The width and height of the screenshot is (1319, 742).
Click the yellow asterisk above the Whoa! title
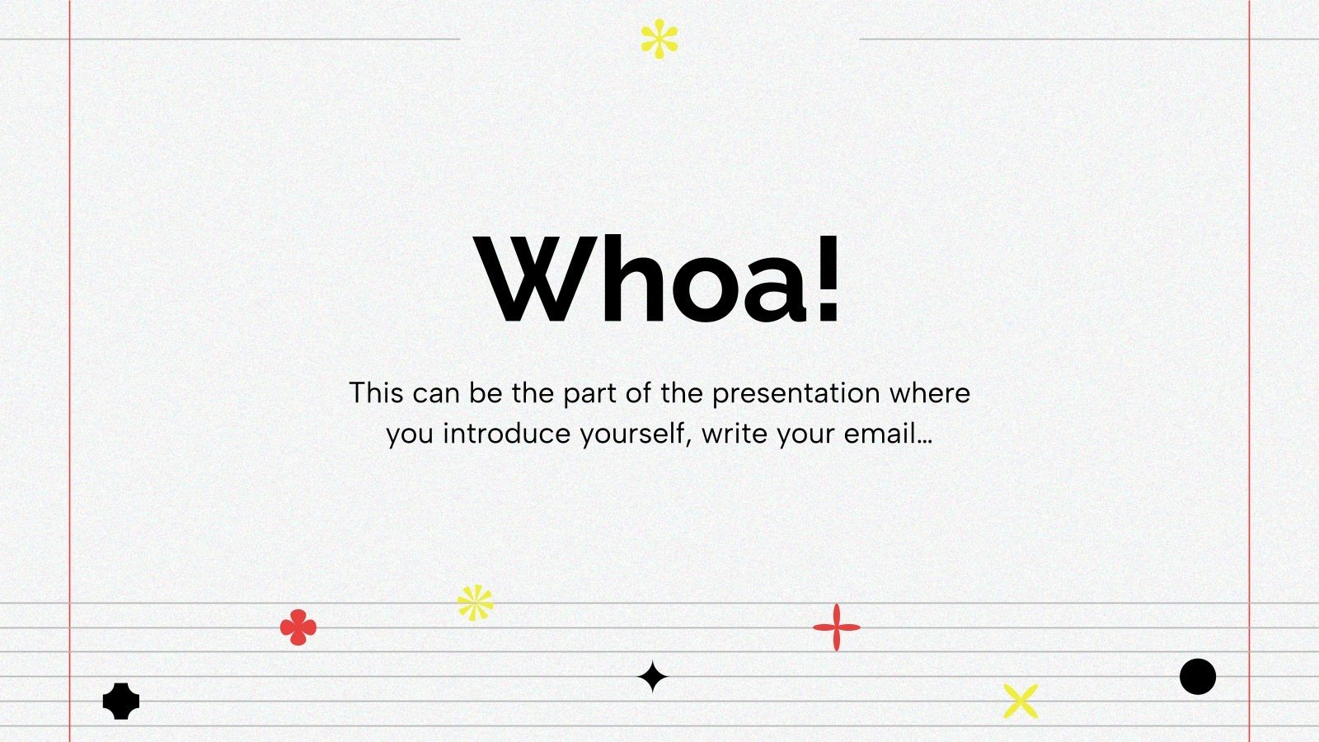click(659, 39)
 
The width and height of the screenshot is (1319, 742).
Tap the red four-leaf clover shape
click(298, 627)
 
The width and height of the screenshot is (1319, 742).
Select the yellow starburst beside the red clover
click(476, 603)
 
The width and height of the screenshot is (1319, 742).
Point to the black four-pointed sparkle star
click(652, 677)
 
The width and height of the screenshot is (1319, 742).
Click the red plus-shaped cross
click(836, 627)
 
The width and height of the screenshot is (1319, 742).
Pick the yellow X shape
click(1021, 701)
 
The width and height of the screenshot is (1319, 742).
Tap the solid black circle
click(1198, 677)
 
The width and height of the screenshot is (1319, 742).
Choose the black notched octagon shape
click(121, 701)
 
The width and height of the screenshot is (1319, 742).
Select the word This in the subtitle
click(376, 392)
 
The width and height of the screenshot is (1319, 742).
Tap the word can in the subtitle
click(436, 394)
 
